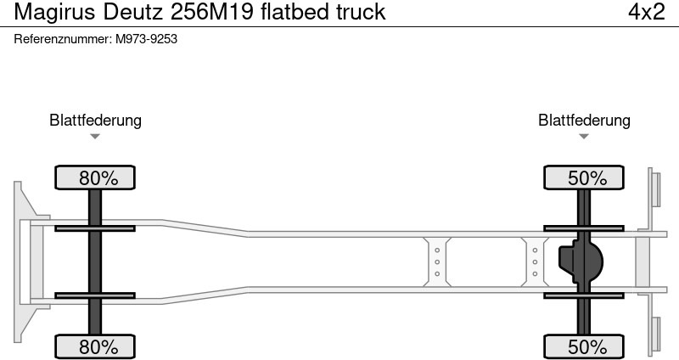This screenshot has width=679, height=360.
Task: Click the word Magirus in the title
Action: pos(54,12)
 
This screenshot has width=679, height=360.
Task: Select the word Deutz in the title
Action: pos(134,12)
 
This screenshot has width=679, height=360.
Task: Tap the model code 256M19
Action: pos(211,12)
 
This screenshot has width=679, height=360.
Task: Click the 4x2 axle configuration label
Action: pos(647,12)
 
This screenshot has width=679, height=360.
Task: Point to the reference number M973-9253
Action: pos(146,39)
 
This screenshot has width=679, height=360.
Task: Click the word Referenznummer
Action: pos(63,39)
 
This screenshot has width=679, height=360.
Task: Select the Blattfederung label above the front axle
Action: pos(95,120)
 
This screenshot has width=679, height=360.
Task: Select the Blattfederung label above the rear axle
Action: pos(584,120)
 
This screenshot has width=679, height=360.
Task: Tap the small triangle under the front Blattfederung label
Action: pos(95,137)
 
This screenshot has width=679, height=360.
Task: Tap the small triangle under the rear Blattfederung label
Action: pos(584,137)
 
